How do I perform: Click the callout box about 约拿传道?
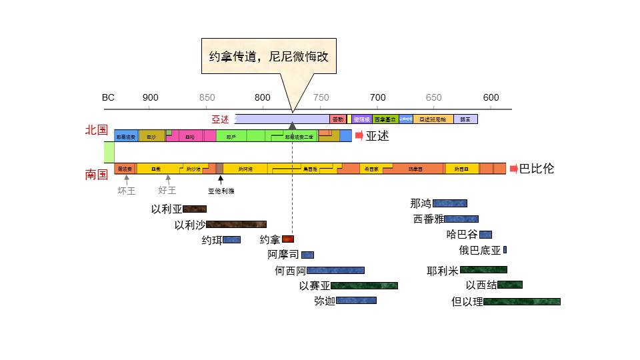tap(269, 57)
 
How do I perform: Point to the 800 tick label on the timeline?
tap(263, 97)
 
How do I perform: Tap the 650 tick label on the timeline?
tap(434, 97)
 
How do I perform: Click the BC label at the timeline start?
tap(108, 97)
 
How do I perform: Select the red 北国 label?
tap(97, 130)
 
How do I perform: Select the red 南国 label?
tap(97, 174)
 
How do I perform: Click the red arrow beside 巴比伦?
tap(514, 169)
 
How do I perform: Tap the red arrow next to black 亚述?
tap(359, 136)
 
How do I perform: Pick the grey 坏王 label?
tap(127, 190)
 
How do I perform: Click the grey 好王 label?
tap(167, 190)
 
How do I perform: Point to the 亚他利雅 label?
tap(221, 191)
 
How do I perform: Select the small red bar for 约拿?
tap(287, 239)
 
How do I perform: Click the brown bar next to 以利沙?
tap(236, 225)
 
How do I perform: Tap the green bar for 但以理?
tap(521, 301)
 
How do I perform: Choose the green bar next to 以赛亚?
tap(364, 285)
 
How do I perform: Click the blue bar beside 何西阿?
tap(335, 270)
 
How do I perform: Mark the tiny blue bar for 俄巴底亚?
tap(505, 250)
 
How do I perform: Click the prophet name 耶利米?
tap(443, 271)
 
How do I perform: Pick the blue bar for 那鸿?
tap(449, 203)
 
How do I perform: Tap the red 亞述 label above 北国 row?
tap(221, 119)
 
